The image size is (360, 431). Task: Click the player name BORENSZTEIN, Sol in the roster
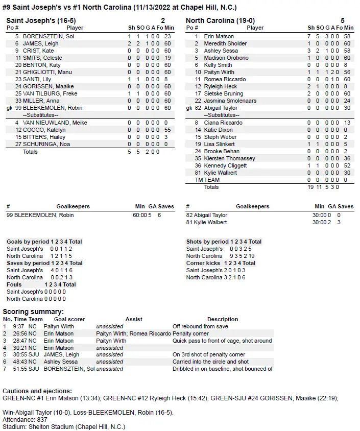pos(49,36)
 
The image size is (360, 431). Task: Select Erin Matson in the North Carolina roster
pos(219,36)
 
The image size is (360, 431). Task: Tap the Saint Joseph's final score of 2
pos(163,20)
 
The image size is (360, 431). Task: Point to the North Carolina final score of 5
pos(343,20)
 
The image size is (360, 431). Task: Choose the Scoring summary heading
pos(33,312)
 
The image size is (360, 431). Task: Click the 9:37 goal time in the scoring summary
pos(18,326)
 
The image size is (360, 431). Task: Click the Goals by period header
pos(28,242)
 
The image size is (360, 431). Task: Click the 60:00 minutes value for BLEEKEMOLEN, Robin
pos(139,215)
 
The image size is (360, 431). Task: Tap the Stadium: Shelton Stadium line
pos(64,426)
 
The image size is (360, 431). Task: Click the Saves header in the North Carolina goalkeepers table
pos(345,206)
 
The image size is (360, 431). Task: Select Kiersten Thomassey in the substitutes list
pos(229,158)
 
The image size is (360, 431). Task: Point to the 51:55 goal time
pos(19,369)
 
